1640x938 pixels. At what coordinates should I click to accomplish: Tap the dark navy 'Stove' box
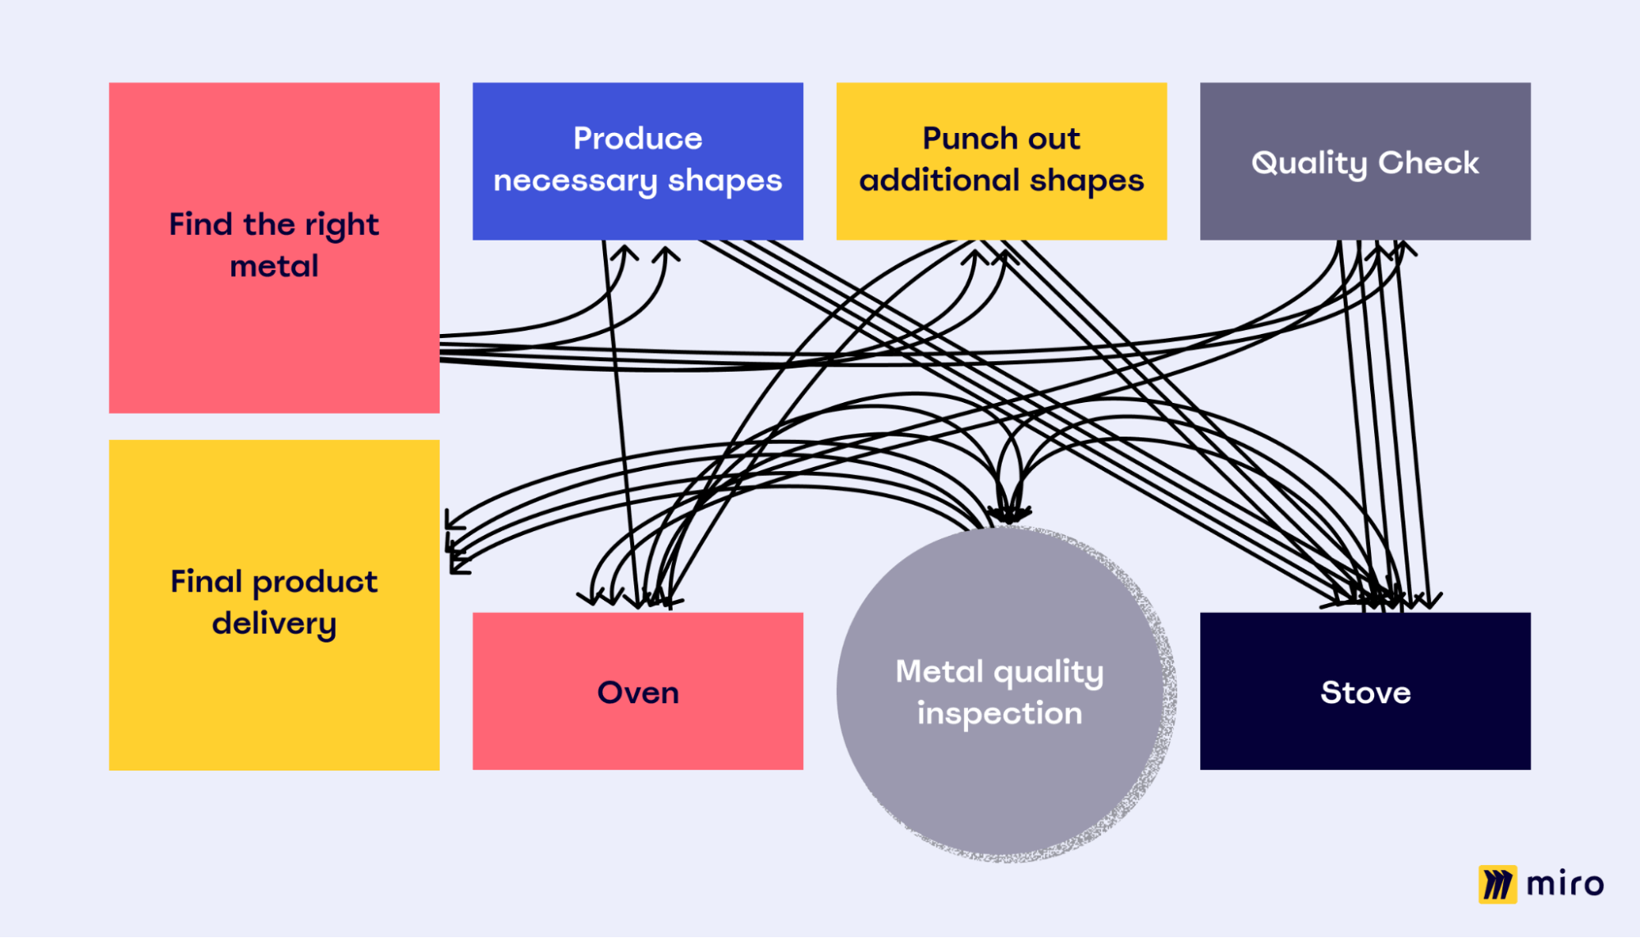1365,730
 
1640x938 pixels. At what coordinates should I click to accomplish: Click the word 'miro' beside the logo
1565,884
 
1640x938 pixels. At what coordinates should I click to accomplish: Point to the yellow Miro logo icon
1497,884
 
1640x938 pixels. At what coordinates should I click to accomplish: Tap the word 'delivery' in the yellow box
274,624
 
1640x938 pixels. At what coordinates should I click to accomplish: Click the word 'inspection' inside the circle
999,714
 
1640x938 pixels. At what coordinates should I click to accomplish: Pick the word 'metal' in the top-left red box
274,267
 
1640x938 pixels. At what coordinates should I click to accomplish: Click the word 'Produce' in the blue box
637,139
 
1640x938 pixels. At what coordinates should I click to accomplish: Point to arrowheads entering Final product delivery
456,542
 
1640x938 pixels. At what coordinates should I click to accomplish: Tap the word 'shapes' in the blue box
724,181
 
